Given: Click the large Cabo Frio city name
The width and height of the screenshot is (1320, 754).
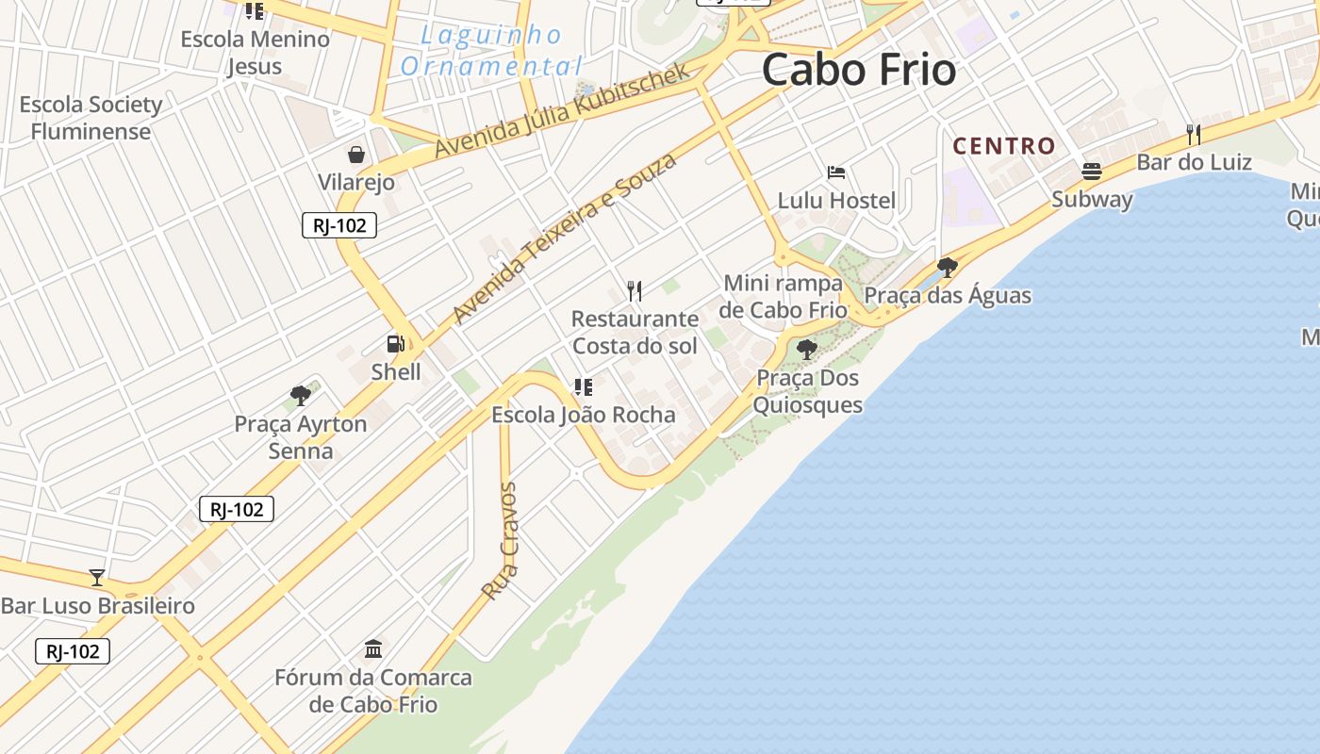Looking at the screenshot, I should click(x=858, y=71).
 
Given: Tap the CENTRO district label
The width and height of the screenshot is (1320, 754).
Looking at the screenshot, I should click(x=1003, y=146).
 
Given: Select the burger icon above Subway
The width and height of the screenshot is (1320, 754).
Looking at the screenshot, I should click(x=1092, y=172).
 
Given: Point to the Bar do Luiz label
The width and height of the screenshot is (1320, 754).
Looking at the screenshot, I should click(x=1194, y=162).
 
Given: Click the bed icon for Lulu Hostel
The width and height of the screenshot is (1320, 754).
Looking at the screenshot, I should click(x=835, y=172).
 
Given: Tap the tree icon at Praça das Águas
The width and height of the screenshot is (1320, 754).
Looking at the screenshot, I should click(x=948, y=268).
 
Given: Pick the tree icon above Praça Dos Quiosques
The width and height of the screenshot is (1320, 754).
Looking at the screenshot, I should click(x=806, y=350).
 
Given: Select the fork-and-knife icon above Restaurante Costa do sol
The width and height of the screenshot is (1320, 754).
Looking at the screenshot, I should click(x=635, y=291).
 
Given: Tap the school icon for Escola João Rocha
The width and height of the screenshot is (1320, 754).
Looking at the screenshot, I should click(x=583, y=386).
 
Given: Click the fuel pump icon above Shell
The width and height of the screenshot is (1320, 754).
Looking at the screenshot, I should click(x=395, y=344).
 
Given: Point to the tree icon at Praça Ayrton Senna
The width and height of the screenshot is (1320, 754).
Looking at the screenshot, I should click(x=301, y=395).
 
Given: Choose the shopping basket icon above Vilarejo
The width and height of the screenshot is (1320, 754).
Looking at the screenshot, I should click(x=356, y=155).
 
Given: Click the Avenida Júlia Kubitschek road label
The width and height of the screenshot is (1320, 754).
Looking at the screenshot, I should click(x=563, y=111).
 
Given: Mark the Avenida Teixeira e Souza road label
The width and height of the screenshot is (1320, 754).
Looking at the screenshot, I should click(x=564, y=238).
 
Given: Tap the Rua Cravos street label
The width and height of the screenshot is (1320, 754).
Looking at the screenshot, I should click(x=500, y=541).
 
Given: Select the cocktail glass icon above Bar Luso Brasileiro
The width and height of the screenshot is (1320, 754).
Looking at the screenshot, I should click(x=97, y=577).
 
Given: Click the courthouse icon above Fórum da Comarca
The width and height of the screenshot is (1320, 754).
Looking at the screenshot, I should click(x=373, y=648).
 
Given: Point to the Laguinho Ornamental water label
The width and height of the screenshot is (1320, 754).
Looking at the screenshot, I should click(x=490, y=51).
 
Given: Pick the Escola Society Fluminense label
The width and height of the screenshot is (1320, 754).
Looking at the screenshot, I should click(x=91, y=118).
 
